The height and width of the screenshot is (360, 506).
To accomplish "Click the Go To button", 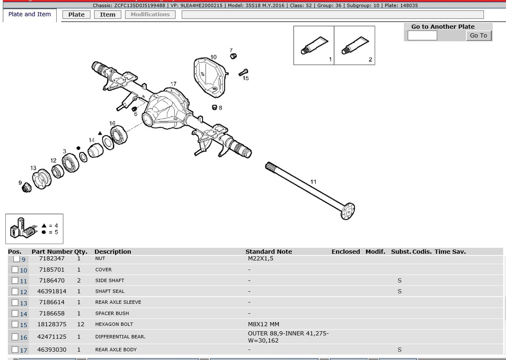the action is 479,36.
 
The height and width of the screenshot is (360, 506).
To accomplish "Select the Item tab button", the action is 108,14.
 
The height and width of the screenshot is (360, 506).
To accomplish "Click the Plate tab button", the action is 77,14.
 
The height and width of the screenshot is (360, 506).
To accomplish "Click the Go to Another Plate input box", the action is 422,36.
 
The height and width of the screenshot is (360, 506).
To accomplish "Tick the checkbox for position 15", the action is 15,324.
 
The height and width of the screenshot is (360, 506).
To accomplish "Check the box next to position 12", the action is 15,291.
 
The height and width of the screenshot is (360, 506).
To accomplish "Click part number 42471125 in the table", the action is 52,337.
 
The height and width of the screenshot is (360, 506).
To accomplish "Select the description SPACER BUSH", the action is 112,313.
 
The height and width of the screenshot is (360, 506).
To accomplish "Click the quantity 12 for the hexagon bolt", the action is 81,324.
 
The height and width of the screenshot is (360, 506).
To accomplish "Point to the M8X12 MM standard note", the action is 264,324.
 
